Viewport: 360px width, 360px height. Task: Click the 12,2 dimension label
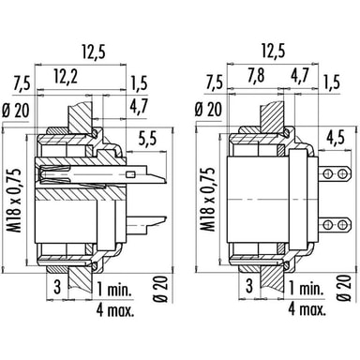(x=66, y=77)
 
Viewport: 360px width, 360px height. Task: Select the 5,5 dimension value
(x=148, y=139)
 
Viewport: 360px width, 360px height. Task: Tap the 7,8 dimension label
(x=256, y=77)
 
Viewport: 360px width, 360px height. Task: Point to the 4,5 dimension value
(x=336, y=137)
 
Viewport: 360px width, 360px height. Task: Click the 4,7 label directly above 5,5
(x=139, y=107)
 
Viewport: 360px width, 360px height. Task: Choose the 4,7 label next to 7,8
(x=299, y=76)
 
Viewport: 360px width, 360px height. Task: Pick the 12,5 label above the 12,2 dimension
(x=94, y=52)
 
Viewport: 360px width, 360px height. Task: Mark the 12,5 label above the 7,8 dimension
(x=274, y=51)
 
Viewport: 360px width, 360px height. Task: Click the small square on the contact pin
(x=130, y=174)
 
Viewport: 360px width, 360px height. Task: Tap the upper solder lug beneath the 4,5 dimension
(x=335, y=172)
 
